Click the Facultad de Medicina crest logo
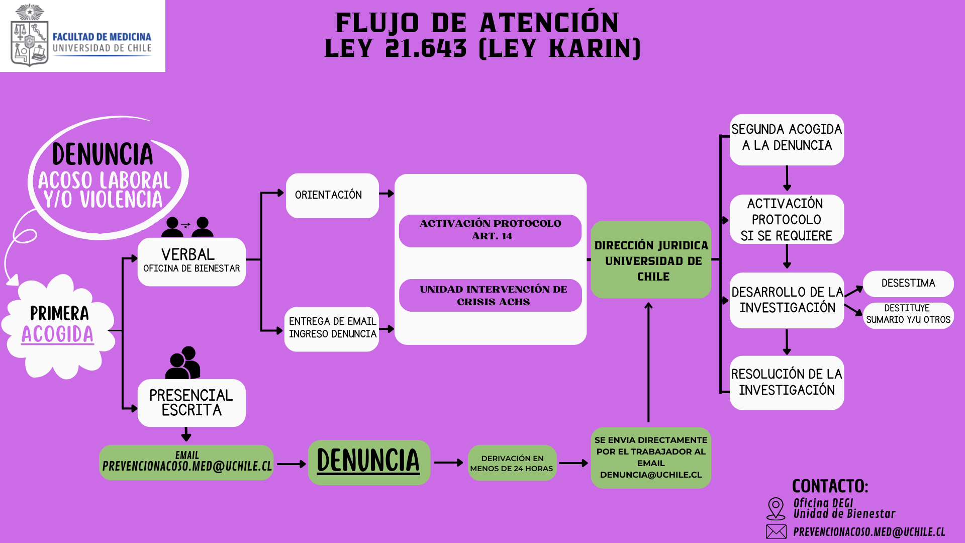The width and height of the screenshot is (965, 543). click(29, 35)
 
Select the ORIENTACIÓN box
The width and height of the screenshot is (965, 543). click(332, 195)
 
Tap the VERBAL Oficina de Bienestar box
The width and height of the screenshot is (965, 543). click(191, 261)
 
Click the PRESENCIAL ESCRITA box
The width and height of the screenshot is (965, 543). click(191, 403)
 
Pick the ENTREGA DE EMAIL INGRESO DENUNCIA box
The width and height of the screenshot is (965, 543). click(332, 328)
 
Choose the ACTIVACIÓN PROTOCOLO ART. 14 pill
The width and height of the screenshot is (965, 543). click(490, 230)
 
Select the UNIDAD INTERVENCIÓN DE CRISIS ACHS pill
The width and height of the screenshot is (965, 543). click(490, 295)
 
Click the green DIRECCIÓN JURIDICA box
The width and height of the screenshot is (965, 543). click(651, 260)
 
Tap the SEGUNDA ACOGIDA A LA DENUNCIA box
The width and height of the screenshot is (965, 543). click(787, 139)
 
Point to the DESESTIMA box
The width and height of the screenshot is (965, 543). click(908, 284)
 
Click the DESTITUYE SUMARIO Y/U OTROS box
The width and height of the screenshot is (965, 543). click(908, 315)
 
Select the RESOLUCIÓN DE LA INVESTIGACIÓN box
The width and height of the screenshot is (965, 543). click(787, 383)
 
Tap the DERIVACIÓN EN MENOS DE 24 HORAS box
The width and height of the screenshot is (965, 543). click(512, 463)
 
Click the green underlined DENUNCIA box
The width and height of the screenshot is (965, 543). click(369, 462)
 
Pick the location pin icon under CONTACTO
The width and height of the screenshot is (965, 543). click(776, 508)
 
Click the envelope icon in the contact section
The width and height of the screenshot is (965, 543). click(776, 531)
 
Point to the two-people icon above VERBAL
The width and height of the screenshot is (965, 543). click(187, 227)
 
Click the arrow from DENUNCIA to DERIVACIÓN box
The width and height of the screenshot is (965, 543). click(448, 463)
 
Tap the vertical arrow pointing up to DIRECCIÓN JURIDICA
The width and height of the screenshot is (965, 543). click(648, 362)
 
